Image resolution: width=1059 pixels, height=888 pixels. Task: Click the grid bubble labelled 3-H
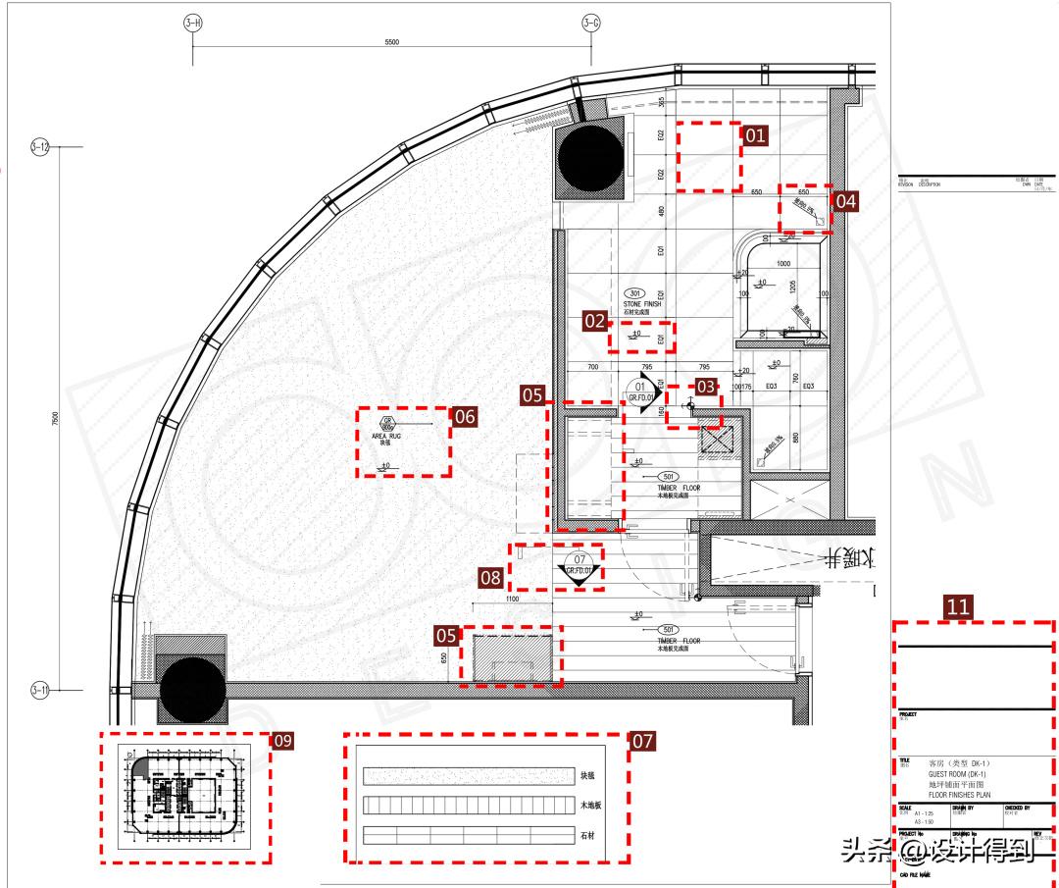192,23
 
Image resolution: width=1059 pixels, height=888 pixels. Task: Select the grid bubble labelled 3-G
591,23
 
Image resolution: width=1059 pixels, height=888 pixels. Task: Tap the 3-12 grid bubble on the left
40,147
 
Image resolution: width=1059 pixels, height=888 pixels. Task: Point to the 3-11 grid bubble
40,690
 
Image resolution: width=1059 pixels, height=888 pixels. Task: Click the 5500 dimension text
392,42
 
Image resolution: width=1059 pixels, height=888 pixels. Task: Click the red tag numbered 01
755,135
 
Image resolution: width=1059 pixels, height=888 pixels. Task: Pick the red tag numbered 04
845,201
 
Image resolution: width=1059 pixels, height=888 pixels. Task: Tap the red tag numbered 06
464,416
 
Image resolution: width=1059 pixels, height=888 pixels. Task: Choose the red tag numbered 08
491,577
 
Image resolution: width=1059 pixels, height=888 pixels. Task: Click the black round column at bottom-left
193,691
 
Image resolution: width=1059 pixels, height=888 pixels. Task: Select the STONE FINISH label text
642,304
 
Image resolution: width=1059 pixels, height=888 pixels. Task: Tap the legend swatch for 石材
469,835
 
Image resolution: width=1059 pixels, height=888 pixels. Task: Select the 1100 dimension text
512,598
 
